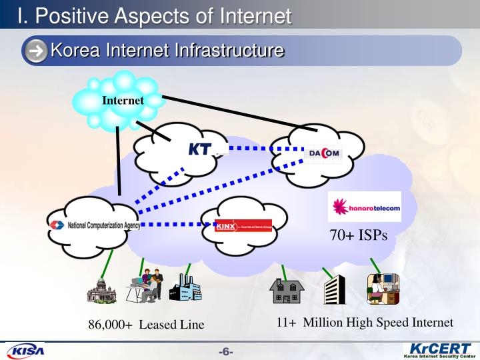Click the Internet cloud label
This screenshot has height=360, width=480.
123,101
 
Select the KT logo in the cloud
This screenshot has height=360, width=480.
200,149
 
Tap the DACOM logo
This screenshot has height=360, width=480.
324,153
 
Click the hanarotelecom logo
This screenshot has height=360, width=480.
366,207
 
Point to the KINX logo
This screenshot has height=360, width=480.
243,225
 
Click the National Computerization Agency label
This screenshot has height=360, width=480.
94,225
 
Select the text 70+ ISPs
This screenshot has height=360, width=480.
358,235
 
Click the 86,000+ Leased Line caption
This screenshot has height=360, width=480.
147,325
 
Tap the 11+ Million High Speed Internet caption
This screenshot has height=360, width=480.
365,323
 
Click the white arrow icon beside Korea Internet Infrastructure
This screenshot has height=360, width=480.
38,51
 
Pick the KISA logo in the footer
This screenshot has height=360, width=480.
25,351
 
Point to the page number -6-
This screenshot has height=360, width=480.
226,351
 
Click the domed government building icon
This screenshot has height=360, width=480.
102,289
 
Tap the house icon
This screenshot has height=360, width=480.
286,291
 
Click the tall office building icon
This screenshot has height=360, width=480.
334,289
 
